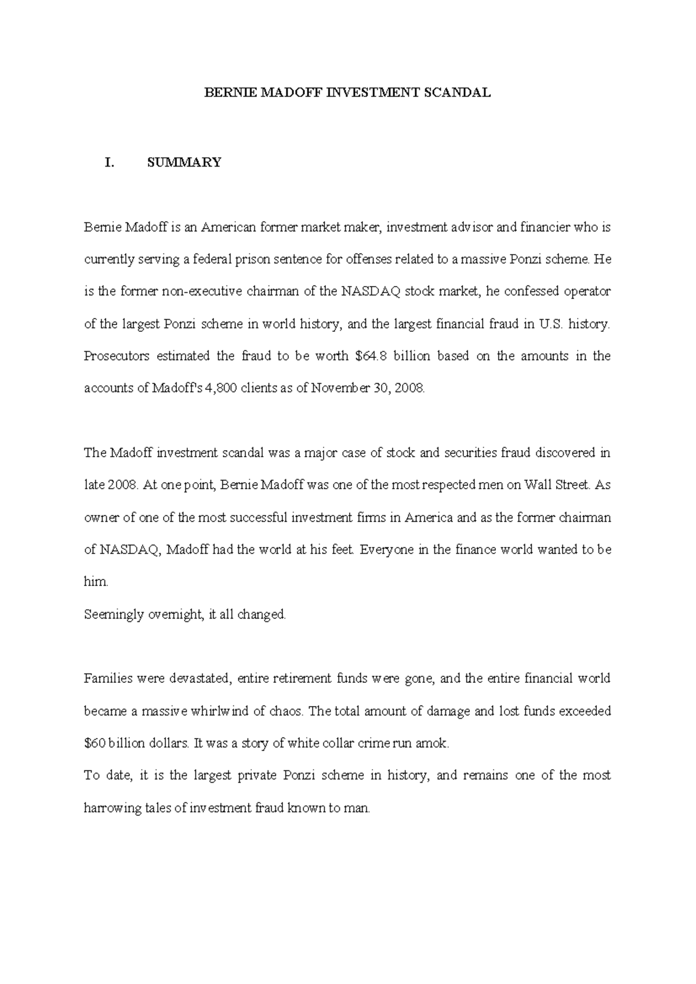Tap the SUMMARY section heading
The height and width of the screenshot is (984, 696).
[184, 162]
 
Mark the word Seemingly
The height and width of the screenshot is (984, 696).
[111, 614]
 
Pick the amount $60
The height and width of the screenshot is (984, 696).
[95, 744]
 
